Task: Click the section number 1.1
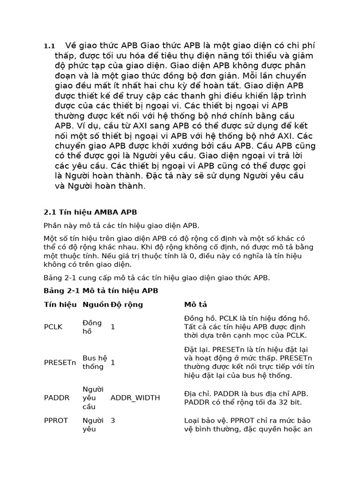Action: coord(49,46)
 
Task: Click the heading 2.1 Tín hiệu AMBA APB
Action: coord(90,212)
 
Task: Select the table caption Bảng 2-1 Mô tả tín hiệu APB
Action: coord(101,291)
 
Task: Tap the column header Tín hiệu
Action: coord(60,305)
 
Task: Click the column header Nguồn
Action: coord(96,305)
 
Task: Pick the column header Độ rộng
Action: coord(127,305)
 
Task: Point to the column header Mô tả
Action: coord(196,305)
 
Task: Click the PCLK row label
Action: coord(53,327)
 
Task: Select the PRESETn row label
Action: coord(60,362)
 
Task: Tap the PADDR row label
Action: coord(56,398)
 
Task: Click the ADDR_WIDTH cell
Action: coord(135,398)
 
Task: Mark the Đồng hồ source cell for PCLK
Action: coord(92,327)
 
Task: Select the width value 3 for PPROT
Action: coord(113,420)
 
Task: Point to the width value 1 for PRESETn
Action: coord(113,362)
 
